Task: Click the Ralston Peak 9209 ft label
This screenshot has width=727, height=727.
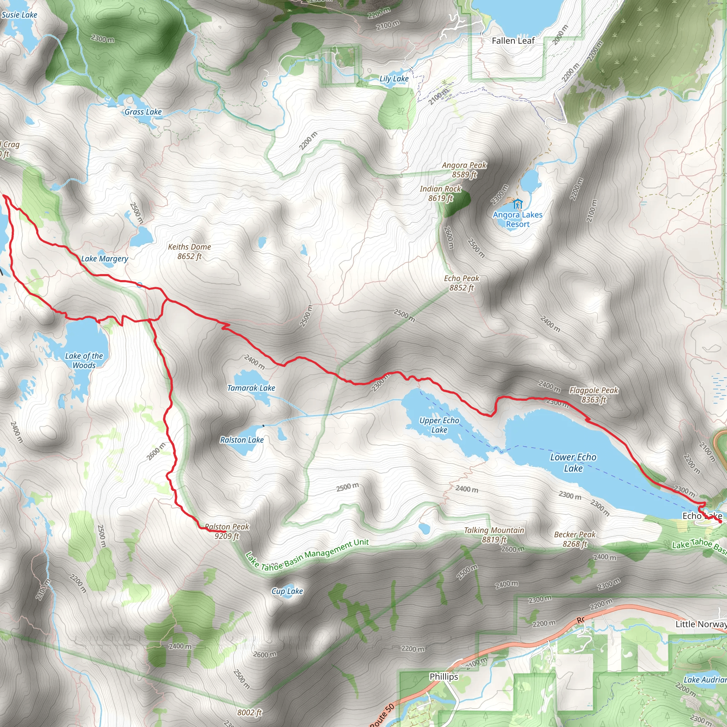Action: coord(227,531)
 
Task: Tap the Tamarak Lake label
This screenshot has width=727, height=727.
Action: coord(251,388)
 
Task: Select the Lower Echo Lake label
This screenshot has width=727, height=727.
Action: coord(573,463)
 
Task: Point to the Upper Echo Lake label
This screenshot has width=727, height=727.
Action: coord(439,425)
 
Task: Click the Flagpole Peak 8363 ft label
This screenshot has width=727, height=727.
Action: coord(594,395)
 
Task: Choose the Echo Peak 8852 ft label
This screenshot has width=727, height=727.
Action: coord(461,283)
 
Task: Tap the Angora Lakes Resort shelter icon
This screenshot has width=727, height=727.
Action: coord(518,204)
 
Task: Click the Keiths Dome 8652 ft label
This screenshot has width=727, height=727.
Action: coord(189,251)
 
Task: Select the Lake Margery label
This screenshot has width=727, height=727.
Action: coord(105,258)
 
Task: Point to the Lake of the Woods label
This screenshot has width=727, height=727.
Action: coord(84,360)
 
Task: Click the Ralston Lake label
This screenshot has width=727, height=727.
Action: coord(242,440)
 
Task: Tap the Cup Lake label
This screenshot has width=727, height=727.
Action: coord(287,591)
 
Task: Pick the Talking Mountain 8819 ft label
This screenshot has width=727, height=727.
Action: coord(494,535)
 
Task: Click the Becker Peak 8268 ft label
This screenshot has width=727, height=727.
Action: coord(575,539)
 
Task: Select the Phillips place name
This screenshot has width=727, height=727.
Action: coord(444,677)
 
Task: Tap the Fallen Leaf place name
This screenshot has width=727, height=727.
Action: coord(513,40)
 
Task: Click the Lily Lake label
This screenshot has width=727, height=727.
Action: coord(394,79)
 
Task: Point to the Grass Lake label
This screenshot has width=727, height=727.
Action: coord(143,112)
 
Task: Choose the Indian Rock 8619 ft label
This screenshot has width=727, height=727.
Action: coord(440,193)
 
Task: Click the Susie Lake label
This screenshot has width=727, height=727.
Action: coord(19,15)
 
